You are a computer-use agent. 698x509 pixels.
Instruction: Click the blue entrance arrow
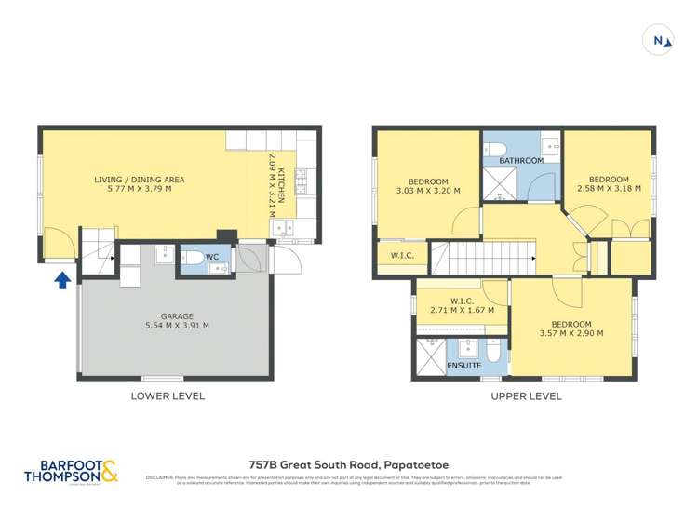tap(62, 279)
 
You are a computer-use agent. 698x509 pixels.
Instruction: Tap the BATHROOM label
tap(521, 160)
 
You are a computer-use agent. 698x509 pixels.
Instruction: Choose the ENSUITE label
tap(463, 366)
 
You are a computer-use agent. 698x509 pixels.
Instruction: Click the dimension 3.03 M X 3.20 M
tap(428, 192)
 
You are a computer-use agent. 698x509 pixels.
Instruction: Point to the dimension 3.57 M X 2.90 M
tap(571, 332)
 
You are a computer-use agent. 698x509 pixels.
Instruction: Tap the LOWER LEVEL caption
tap(168, 395)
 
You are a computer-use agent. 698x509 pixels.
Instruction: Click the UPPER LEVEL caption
tap(526, 395)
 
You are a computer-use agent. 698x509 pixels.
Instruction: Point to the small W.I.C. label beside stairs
tap(402, 255)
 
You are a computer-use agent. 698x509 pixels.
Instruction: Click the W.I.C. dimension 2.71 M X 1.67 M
tap(462, 310)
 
